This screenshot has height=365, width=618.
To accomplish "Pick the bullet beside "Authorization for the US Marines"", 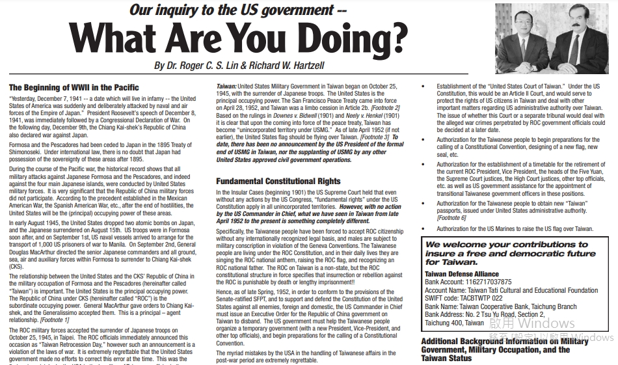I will [x=423, y=229].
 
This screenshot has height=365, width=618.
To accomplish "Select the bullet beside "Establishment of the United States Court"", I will [x=423, y=87].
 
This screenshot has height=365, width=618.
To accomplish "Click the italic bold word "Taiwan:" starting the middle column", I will [x=226, y=87].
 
